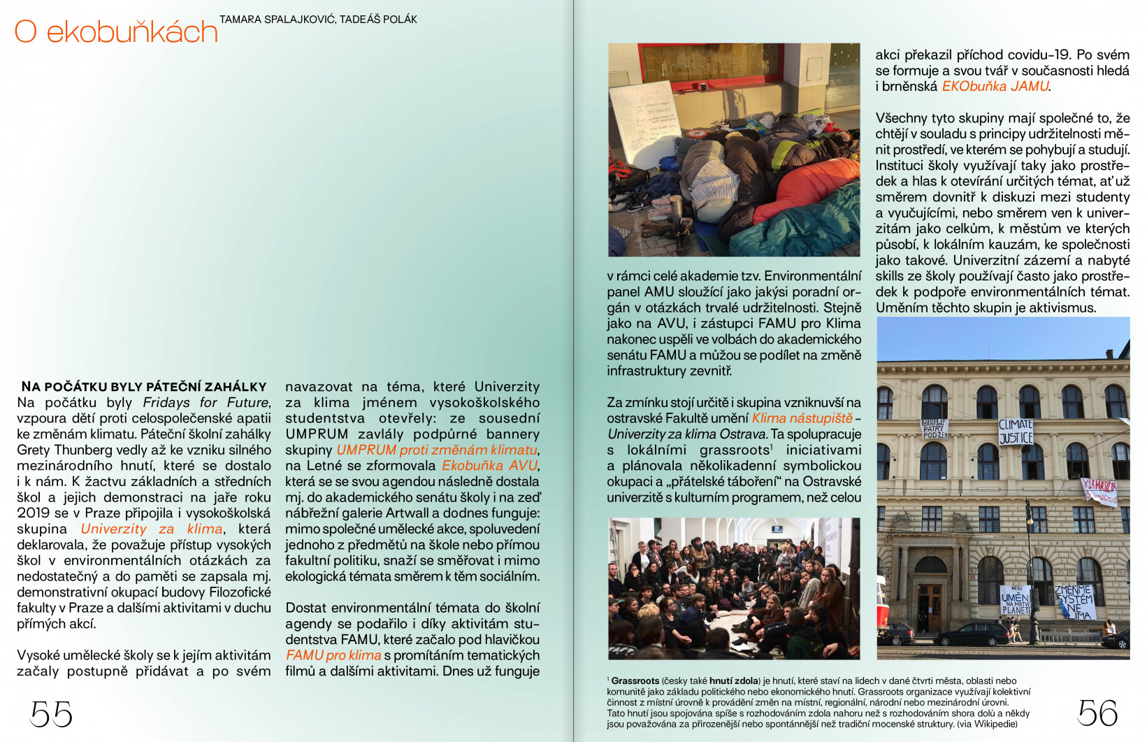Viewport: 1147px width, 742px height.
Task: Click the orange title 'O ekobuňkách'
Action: pos(116,32)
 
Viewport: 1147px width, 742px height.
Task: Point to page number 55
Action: pos(51,714)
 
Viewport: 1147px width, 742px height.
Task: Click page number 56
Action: pos(1097,713)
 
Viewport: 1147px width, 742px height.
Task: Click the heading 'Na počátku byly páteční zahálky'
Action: pos(144,387)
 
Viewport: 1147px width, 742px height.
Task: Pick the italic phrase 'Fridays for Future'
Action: pos(206,403)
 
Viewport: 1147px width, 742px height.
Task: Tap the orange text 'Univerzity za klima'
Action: pos(152,529)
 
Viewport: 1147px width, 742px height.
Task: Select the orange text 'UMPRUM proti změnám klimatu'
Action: pos(437,450)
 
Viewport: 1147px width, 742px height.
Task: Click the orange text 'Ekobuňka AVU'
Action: pos(489,466)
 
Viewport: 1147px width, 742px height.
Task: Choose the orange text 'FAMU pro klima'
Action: pos(333,655)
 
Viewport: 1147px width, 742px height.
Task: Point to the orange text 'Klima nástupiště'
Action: pos(802,418)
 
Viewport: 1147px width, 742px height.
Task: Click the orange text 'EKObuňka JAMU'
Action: pos(995,87)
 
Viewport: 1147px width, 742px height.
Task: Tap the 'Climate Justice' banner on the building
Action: pos(1016,431)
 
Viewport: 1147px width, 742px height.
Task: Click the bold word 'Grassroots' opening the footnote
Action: pos(635,681)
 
